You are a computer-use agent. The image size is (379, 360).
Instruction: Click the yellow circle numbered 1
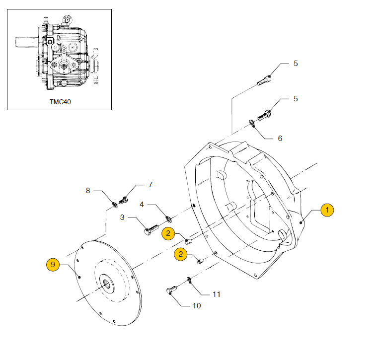tap(327, 210)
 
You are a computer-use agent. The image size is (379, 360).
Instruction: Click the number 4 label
tap(142, 204)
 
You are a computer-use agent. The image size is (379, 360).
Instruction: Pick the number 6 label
tap(280, 138)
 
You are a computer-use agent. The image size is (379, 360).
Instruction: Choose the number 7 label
tap(151, 185)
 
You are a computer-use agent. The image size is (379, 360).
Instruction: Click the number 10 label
tap(197, 305)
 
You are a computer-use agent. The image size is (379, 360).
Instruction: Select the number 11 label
tap(216, 294)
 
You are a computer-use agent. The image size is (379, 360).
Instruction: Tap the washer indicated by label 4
tap(168, 219)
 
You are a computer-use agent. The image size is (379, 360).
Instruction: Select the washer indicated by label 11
tap(189, 281)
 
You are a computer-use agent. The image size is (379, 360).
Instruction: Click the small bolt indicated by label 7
tap(125, 201)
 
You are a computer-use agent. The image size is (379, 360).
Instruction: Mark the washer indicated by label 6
tap(253, 124)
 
